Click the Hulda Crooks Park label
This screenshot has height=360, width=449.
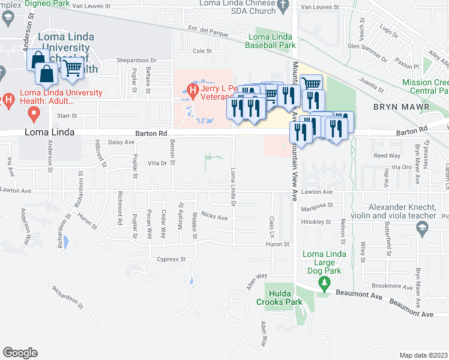tap(285, 298)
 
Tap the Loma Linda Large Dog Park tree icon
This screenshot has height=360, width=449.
tap(325, 282)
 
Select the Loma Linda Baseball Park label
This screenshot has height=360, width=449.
tap(272, 40)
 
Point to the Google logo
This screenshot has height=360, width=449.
tap(20, 352)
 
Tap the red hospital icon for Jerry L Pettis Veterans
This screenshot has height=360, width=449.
tap(193, 91)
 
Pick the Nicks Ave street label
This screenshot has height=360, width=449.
tap(214, 215)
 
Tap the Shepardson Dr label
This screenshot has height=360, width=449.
tap(136, 60)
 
